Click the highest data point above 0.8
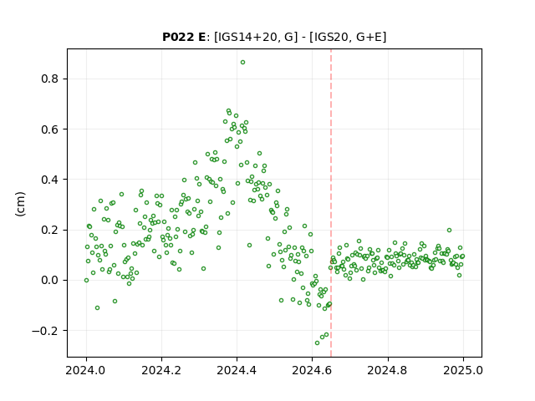pyautogui.click(x=242, y=63)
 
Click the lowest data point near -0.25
pyautogui.click(x=318, y=343)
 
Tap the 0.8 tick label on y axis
pyautogui.click(x=50, y=79)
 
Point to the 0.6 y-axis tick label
pyautogui.click(x=50, y=129)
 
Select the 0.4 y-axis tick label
pyautogui.click(x=50, y=180)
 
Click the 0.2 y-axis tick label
pyautogui.click(x=50, y=231)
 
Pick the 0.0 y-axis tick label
pyautogui.click(x=50, y=281)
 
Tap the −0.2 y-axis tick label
pyautogui.click(x=45, y=331)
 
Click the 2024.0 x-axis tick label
pyautogui.click(x=86, y=370)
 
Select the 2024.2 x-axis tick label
pyautogui.click(x=161, y=370)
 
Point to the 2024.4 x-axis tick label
pyautogui.click(x=237, y=370)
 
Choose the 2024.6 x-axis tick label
pyautogui.click(x=312, y=370)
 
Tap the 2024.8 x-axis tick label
pyautogui.click(x=388, y=370)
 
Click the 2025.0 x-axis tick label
pyautogui.click(x=463, y=370)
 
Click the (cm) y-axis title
pyautogui.click(x=20, y=204)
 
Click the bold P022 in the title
pyautogui.click(x=177, y=37)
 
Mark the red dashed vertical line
pyautogui.click(x=331, y=203)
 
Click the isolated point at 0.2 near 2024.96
pyautogui.click(x=450, y=231)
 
